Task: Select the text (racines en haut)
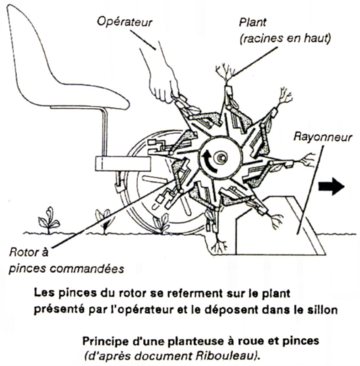285,38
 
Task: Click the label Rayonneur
324,136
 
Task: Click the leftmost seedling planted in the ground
49,221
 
